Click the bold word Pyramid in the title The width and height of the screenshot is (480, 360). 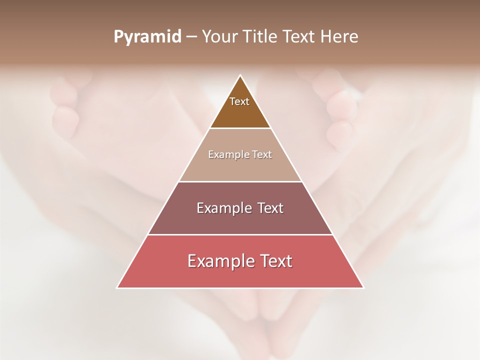(147, 37)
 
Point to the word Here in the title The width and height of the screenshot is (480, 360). (339, 37)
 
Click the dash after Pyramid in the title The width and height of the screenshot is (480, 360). (191, 37)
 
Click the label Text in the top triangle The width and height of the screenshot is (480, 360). (239, 101)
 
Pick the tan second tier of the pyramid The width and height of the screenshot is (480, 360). (240, 167)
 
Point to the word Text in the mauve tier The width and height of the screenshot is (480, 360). (271, 208)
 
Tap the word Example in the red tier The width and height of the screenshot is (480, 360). (220, 261)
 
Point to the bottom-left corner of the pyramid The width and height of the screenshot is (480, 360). (117, 288)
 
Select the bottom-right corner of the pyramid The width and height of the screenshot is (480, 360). (363, 288)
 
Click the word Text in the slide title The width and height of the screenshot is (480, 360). (299, 37)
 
